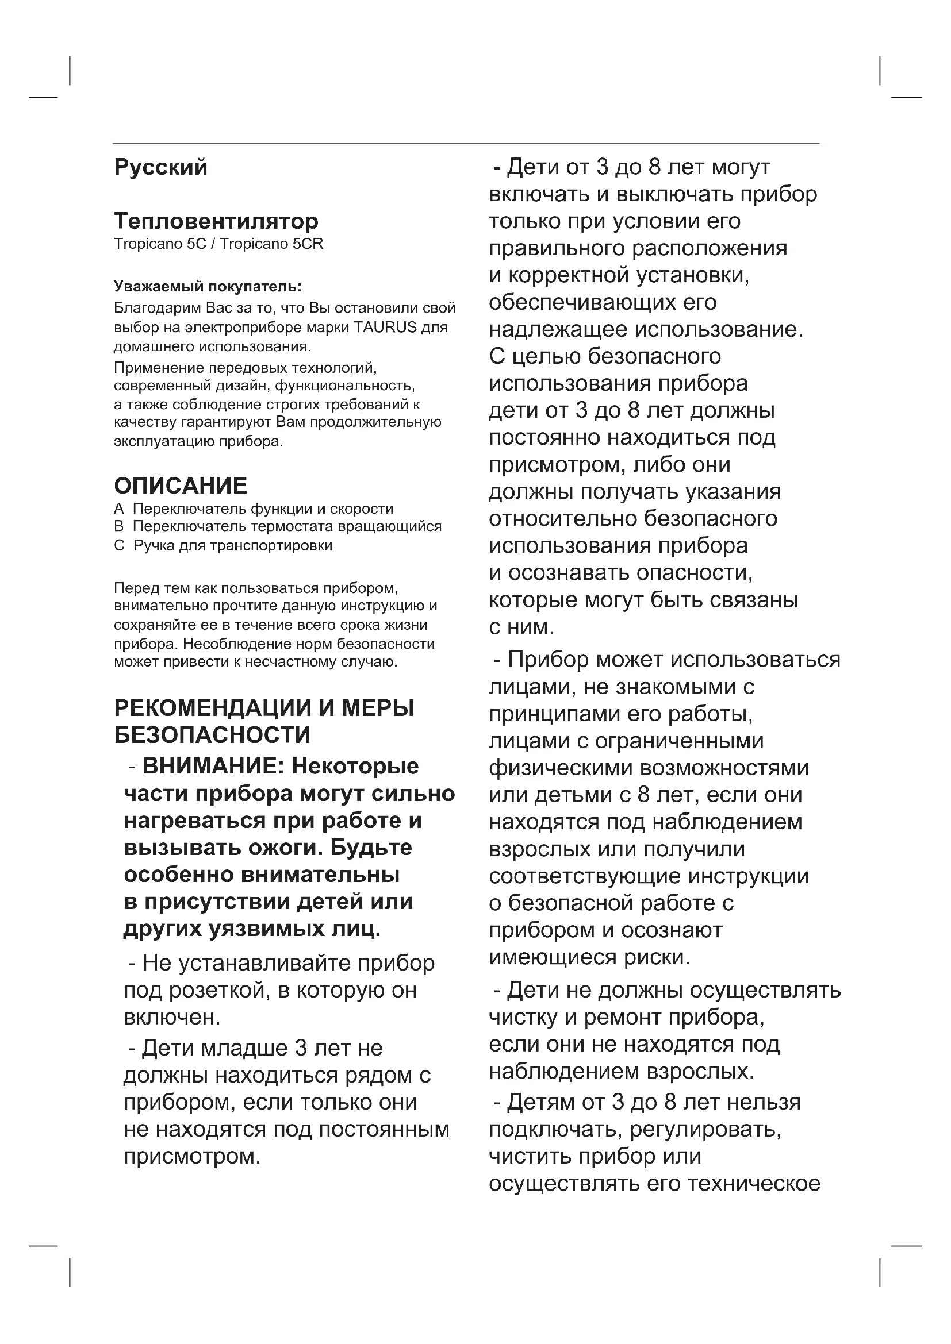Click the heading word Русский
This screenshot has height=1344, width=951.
pyautogui.click(x=160, y=168)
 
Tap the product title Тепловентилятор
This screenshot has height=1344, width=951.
pyautogui.click(x=216, y=221)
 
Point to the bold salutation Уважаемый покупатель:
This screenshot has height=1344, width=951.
pyautogui.click(x=208, y=287)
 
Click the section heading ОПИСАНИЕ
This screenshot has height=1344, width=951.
pyautogui.click(x=181, y=486)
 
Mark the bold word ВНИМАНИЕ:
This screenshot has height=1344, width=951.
pyautogui.click(x=213, y=767)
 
